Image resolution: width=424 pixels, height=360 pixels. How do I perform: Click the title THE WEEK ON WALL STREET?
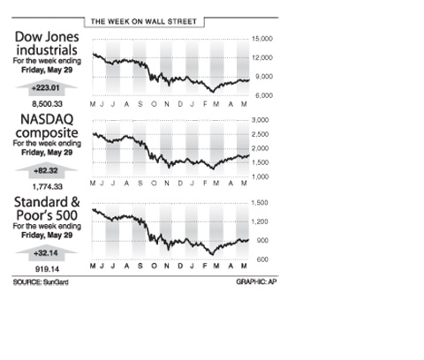point(143,22)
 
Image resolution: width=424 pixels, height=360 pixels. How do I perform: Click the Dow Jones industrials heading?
point(47,43)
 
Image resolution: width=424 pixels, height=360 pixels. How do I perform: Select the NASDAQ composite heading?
point(47,126)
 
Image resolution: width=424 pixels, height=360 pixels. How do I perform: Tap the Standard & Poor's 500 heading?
point(47,209)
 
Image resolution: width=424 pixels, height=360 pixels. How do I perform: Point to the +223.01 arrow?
point(47,88)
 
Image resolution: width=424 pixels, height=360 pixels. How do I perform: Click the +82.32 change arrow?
point(47,171)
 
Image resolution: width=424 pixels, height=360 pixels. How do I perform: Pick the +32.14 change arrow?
point(47,253)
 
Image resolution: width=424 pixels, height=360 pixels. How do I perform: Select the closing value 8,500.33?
point(47,104)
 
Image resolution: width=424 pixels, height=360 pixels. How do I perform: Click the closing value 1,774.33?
point(47,187)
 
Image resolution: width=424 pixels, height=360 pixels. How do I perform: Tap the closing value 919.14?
point(47,269)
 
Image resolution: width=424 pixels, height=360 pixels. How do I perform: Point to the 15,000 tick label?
point(261,39)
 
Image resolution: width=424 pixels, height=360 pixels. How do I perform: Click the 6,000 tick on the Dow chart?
point(263,95)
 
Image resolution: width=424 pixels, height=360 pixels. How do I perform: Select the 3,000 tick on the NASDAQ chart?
point(260,120)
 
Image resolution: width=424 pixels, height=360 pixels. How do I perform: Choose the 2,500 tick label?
point(260,134)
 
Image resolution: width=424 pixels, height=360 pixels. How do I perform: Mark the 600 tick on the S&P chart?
point(261,259)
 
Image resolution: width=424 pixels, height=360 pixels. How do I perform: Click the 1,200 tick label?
point(260,221)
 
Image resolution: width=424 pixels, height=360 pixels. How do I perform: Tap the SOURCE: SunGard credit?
point(41,282)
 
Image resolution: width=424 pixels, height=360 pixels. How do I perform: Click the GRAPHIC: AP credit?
point(256,281)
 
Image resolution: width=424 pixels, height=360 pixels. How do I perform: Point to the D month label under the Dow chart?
point(180,104)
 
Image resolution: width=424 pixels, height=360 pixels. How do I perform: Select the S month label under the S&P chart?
point(140,266)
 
